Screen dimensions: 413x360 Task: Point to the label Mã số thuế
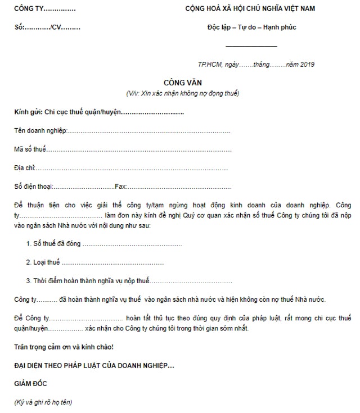pyautogui.click(x=30, y=149)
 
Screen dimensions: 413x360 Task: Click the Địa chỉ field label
pyautogui.click(x=25, y=168)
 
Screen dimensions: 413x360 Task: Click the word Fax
pyautogui.click(x=120, y=186)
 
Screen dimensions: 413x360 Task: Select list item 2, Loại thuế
pyautogui.click(x=44, y=262)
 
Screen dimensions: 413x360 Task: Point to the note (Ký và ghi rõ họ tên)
pyautogui.click(x=43, y=402)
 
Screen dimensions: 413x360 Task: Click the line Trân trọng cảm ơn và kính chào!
pyautogui.click(x=64, y=347)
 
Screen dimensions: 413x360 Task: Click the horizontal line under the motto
pyautogui.click(x=251, y=46)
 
